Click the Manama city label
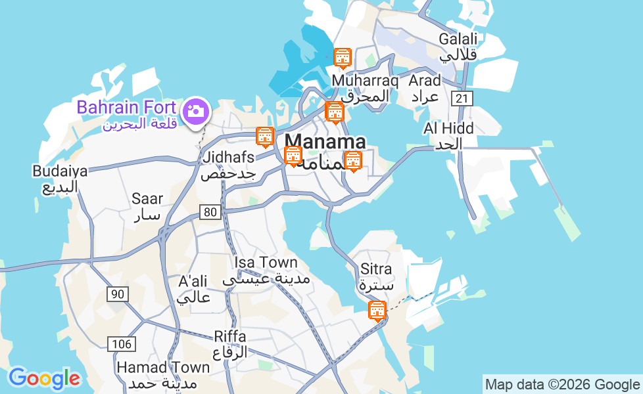tap(325, 142)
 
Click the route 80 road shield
tap(210, 211)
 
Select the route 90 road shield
tap(117, 294)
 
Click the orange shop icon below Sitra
tap(377, 309)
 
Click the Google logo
tap(44, 378)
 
